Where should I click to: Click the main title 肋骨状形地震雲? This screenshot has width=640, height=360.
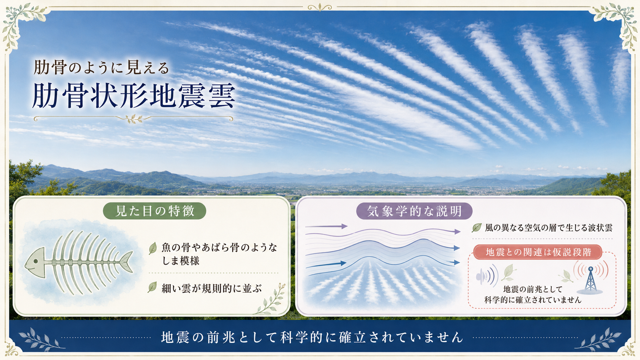[x=134, y=96]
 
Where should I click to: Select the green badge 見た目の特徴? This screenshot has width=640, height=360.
[x=154, y=211]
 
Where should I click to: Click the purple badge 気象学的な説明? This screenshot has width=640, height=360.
[x=414, y=211]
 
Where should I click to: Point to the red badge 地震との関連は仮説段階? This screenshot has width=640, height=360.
[x=538, y=252]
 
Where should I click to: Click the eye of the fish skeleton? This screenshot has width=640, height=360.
[x=36, y=261]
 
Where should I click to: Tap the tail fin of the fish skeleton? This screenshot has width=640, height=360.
[x=126, y=262]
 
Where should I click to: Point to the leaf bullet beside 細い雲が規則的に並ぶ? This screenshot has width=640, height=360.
[x=153, y=287]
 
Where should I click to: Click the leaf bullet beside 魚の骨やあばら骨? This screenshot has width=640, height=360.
[x=153, y=248]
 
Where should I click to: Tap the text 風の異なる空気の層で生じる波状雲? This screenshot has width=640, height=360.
[x=549, y=228]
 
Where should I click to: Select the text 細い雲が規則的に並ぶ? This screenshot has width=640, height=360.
[x=211, y=288]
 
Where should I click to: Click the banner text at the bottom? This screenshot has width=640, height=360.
[x=312, y=337]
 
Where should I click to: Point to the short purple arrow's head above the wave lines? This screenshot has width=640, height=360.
[x=344, y=226]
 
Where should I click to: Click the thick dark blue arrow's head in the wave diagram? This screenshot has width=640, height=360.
[x=343, y=263]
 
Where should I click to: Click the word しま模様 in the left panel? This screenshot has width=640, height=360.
[x=181, y=261]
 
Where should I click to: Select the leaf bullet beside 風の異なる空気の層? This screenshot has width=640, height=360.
[x=477, y=228]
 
